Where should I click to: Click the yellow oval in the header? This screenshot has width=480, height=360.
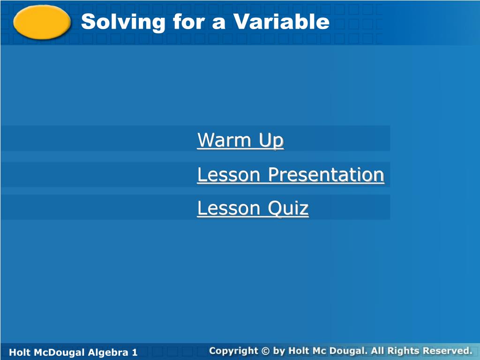[x=42, y=22]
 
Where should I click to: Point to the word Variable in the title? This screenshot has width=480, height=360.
[x=281, y=22]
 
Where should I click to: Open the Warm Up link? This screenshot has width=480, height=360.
[x=240, y=140]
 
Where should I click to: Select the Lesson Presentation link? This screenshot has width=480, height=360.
[x=291, y=175]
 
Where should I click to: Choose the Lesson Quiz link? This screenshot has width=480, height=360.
[x=253, y=209]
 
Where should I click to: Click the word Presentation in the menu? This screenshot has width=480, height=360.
[x=326, y=175]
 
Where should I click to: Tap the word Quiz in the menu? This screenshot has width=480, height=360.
[x=288, y=209]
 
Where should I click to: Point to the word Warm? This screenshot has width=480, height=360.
[x=224, y=140]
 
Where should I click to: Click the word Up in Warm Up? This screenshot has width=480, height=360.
[x=271, y=141]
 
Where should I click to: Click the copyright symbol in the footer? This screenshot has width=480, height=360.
[x=265, y=351]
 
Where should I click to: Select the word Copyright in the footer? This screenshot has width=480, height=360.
[x=233, y=351]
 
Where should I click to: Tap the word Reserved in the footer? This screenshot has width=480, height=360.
[x=448, y=351]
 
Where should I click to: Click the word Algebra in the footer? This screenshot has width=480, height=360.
[x=108, y=352]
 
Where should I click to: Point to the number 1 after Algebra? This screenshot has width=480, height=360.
[x=135, y=352]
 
